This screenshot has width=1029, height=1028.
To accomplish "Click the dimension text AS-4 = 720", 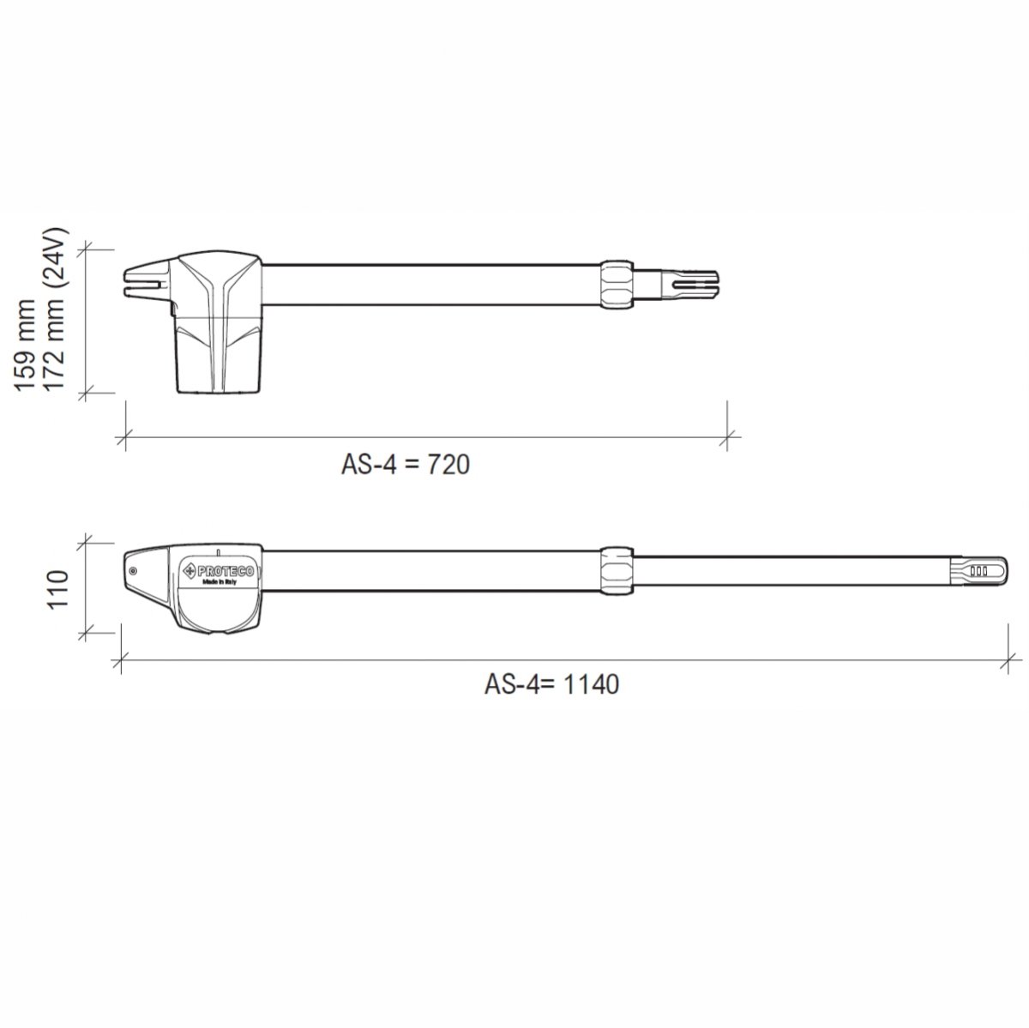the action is click(x=406, y=464).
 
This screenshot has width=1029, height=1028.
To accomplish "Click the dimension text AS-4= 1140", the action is click(x=551, y=684).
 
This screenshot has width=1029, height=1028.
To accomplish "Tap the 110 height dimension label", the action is click(x=58, y=588).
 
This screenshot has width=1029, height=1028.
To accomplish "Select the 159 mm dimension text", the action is click(x=25, y=346).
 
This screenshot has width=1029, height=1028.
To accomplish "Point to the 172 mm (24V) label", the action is click(x=54, y=310).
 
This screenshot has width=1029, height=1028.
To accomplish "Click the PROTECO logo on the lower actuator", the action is click(x=219, y=570).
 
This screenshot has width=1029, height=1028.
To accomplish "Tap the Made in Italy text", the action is click(x=219, y=583).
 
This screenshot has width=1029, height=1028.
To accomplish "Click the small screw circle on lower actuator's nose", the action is click(x=133, y=571).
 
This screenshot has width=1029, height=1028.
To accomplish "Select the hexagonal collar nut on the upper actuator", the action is click(x=617, y=284).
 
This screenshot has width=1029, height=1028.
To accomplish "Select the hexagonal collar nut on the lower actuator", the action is click(x=617, y=571).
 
